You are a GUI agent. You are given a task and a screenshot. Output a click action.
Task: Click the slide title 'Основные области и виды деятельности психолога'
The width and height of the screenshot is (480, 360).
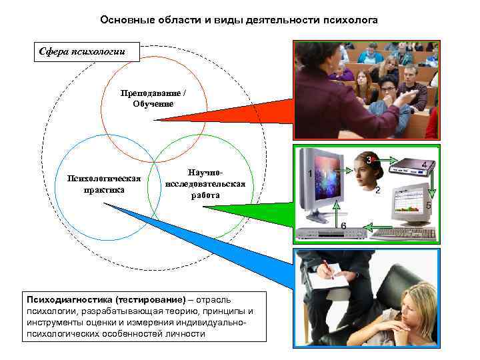pos(239,21)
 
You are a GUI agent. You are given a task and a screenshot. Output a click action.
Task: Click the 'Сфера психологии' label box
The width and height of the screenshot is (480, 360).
pos(87,51)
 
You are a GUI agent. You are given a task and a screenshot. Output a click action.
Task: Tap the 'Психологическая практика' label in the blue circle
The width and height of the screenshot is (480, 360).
pos(104,183)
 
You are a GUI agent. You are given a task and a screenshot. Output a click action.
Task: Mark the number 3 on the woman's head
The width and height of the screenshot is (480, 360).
pos(369,160)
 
